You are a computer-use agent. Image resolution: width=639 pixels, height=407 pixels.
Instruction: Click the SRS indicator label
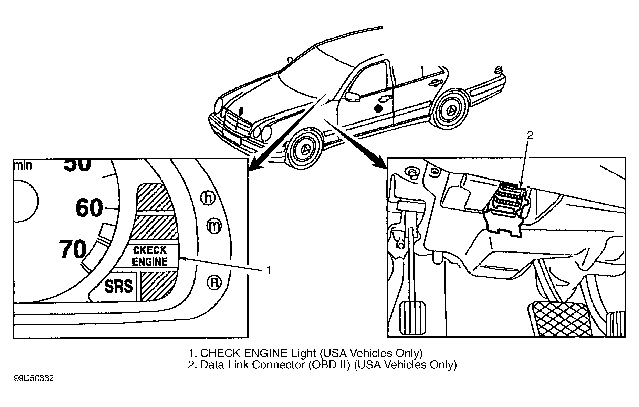click(118, 286)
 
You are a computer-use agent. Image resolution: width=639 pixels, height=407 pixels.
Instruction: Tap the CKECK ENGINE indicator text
click(150, 256)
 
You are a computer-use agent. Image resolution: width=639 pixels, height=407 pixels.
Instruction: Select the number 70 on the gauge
click(73, 249)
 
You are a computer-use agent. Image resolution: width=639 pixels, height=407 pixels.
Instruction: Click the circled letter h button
click(208, 198)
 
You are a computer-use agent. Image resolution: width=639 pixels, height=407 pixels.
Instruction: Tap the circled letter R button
click(214, 282)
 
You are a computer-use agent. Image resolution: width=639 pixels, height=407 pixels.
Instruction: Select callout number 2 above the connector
click(530, 135)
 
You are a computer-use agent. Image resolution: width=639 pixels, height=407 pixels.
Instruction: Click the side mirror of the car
click(352, 96)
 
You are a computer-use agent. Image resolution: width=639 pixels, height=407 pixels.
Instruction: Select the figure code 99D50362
click(34, 378)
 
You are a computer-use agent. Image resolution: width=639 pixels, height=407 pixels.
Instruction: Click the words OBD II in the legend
click(329, 365)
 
